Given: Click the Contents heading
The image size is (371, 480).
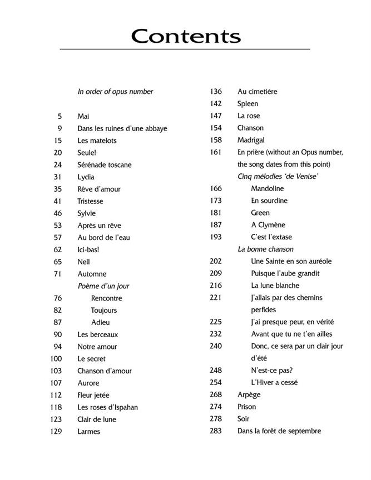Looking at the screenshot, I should [x=186, y=36].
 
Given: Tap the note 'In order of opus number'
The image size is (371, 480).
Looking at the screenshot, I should [x=115, y=92].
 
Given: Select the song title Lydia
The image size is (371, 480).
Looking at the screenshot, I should [x=86, y=177].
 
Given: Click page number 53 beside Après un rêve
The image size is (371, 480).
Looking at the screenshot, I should [x=57, y=226].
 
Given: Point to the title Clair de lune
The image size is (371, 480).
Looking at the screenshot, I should [x=97, y=419].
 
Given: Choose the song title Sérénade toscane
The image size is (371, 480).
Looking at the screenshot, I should [x=105, y=165].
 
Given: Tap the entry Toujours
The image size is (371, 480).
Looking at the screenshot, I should [x=104, y=311].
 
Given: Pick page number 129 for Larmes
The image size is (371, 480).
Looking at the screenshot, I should [x=55, y=432].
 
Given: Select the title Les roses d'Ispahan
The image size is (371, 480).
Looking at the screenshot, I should [x=107, y=407].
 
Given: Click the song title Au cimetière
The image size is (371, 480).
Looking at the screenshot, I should [x=257, y=92].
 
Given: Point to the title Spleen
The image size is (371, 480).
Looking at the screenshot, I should [x=248, y=104].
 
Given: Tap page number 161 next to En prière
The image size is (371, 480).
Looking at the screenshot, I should [x=216, y=152].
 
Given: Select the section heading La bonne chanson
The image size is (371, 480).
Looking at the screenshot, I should [x=265, y=249].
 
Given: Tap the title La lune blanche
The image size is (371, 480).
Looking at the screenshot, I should [x=275, y=286].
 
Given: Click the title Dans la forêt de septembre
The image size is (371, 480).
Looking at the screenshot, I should [x=279, y=431].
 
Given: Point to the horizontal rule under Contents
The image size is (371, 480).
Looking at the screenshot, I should [x=185, y=50].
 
